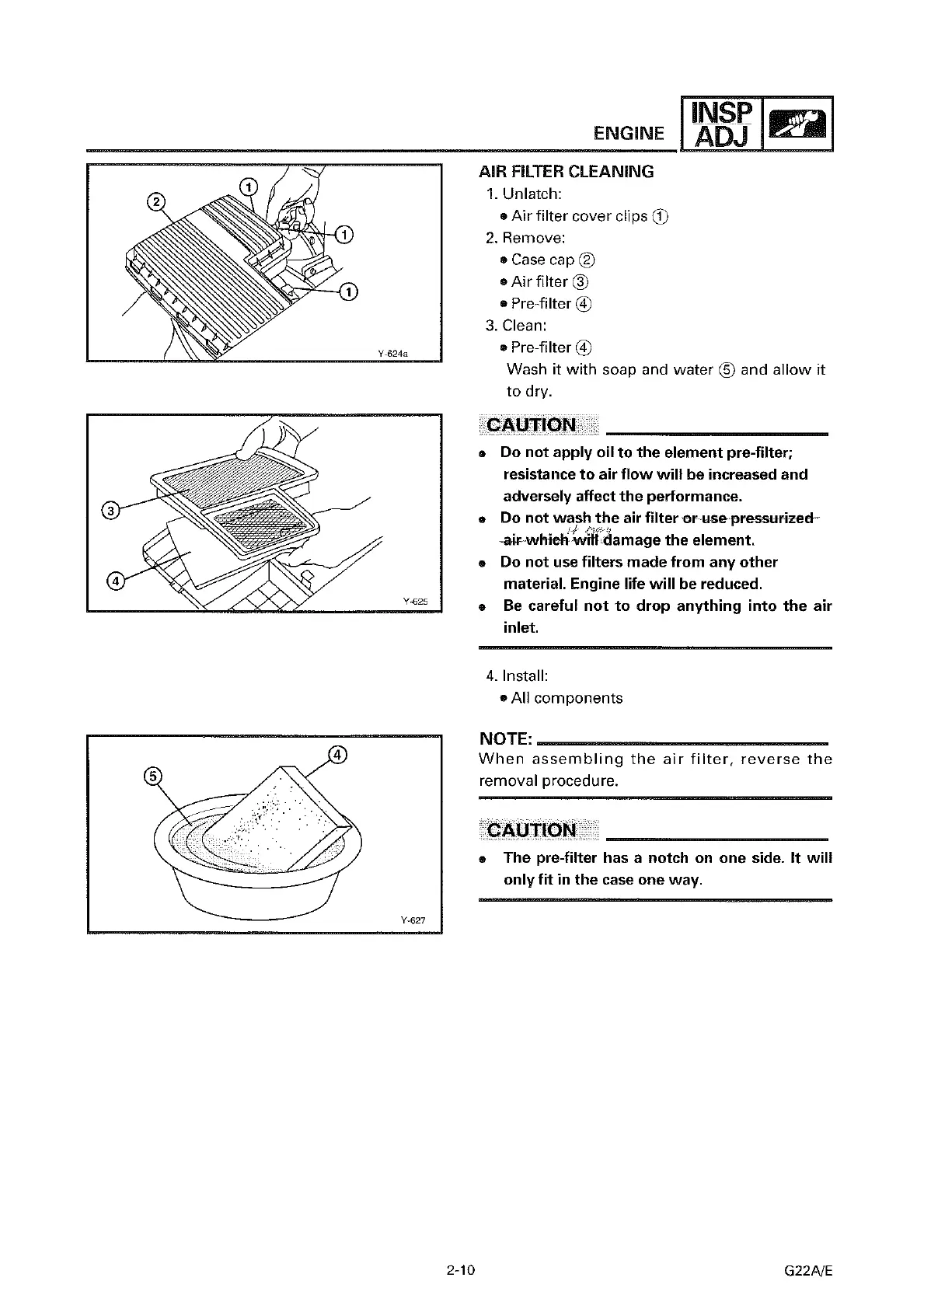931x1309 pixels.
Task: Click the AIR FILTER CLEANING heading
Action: click(x=566, y=172)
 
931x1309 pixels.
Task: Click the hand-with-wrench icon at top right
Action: click(x=798, y=124)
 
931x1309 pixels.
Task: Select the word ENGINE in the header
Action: click(x=629, y=133)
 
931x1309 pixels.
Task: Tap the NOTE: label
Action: click(x=506, y=738)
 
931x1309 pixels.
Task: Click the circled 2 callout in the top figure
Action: click(x=156, y=202)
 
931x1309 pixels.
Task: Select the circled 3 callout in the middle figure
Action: click(x=111, y=511)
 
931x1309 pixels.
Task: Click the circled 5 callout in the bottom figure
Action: click(x=154, y=777)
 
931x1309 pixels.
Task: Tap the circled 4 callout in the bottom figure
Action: click(x=337, y=754)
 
